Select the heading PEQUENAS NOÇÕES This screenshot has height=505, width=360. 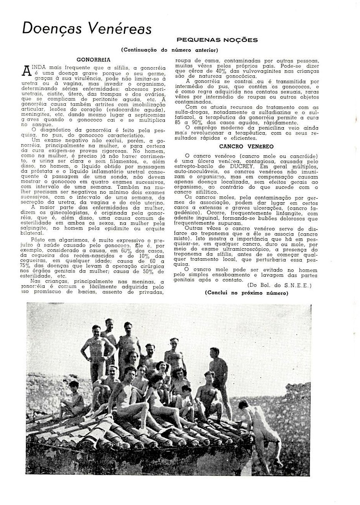pos(217,40)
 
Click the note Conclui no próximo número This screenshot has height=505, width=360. pos(246,293)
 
